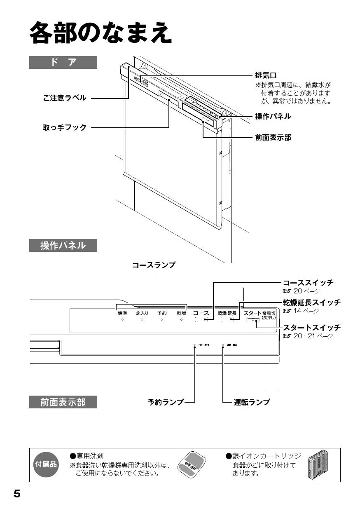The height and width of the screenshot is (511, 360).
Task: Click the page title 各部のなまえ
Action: [100, 33]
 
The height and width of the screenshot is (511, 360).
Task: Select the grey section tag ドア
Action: [63, 62]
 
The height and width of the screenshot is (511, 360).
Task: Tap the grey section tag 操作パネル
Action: [63, 246]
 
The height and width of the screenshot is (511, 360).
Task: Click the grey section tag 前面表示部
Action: [63, 402]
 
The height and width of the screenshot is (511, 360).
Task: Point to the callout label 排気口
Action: [266, 75]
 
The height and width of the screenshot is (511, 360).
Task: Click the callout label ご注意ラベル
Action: [65, 98]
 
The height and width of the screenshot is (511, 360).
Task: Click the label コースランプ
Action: [153, 265]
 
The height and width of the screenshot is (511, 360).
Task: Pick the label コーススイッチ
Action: [308, 283]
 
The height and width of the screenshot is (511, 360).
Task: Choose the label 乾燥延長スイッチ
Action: [311, 303]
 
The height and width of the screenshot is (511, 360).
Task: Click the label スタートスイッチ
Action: [311, 328]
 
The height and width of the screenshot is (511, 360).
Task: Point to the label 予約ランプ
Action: [166, 402]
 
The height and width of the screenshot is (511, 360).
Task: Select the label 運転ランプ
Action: [252, 402]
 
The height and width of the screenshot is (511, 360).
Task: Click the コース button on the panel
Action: [201, 320]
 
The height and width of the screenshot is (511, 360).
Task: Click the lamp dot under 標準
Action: [122, 320]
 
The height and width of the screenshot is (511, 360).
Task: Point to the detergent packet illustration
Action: [191, 465]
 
